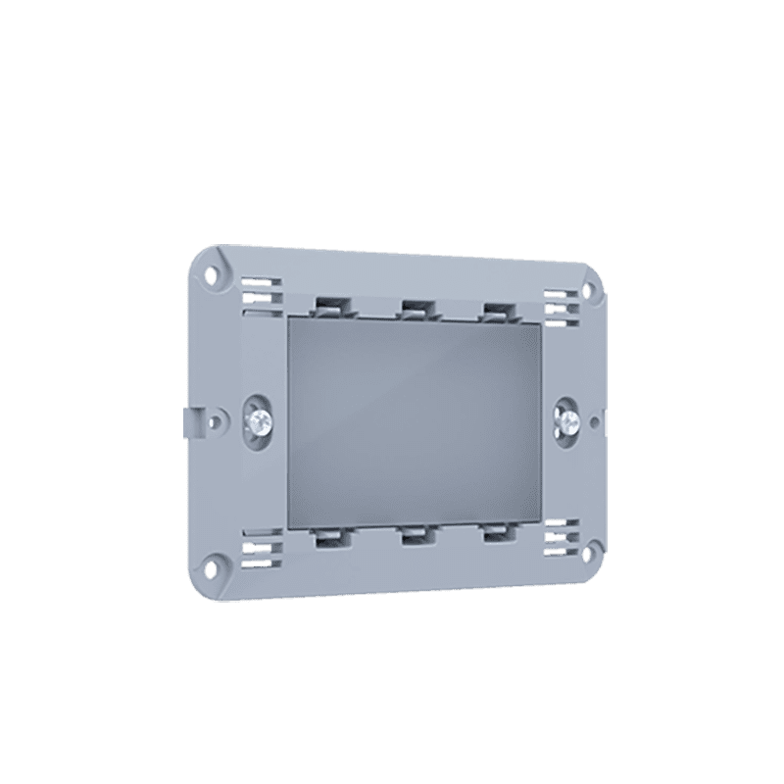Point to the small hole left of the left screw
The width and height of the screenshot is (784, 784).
click(214, 422)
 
